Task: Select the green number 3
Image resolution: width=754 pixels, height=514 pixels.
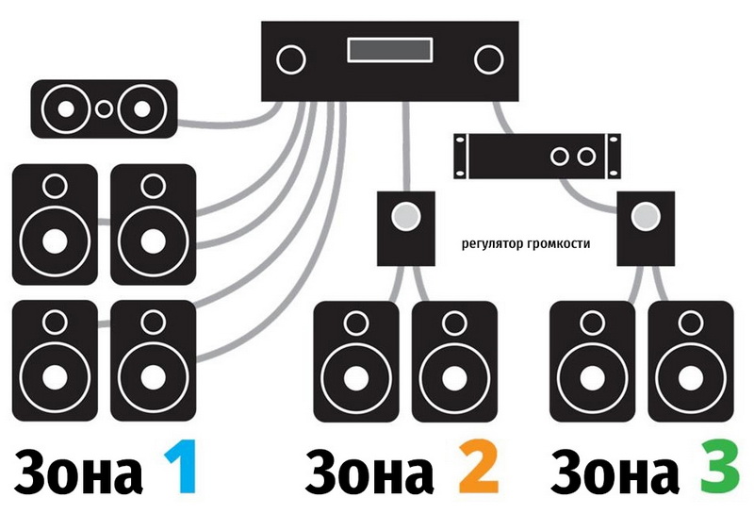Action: tap(718, 470)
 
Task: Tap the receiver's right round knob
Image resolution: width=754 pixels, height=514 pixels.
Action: tap(489, 59)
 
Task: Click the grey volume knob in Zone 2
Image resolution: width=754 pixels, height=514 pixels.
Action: tap(406, 215)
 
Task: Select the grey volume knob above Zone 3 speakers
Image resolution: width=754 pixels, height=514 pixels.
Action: tap(646, 215)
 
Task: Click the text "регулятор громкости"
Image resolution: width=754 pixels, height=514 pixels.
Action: tap(526, 243)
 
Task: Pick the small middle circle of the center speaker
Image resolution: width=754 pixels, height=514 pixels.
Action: tap(105, 108)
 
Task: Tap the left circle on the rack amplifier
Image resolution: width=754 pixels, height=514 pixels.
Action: tap(564, 154)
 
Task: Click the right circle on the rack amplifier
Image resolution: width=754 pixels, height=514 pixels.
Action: tap(589, 154)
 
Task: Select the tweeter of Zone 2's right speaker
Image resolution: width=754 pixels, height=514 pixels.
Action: tap(454, 324)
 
